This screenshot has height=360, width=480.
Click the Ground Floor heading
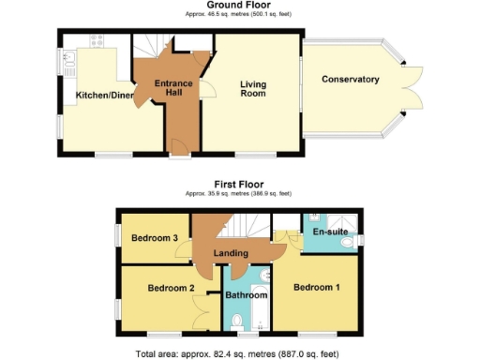click(x=239, y=6)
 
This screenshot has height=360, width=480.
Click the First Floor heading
click(x=239, y=185)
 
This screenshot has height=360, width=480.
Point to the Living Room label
click(x=252, y=89)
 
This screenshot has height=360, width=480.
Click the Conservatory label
click(x=350, y=80)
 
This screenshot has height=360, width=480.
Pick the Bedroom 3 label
click(x=155, y=239)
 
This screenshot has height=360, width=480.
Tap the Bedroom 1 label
click(x=317, y=287)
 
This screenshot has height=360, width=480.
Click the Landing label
click(x=231, y=254)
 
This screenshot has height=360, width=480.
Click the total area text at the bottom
click(x=239, y=353)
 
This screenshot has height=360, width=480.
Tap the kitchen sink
click(x=71, y=62)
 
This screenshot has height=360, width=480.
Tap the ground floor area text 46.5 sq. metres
click(x=239, y=15)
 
